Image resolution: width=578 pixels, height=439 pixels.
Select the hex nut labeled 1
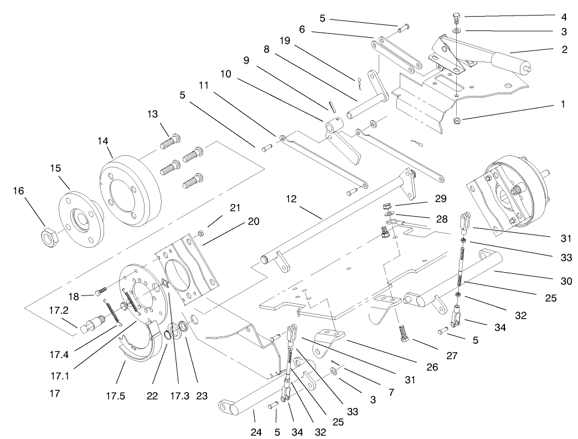coord(458,120)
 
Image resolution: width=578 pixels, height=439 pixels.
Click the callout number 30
coord(564,281)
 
